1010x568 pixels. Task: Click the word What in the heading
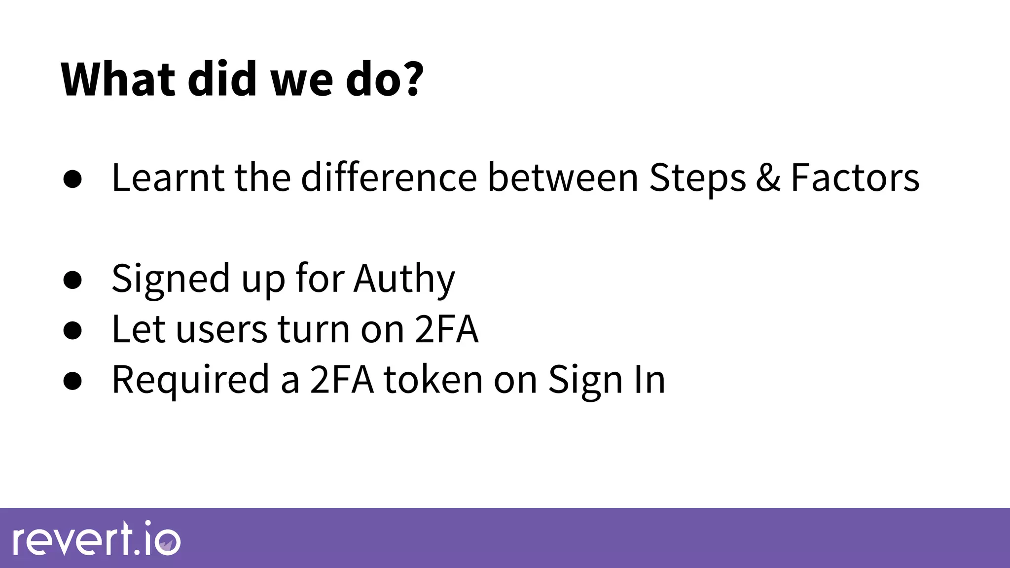118,79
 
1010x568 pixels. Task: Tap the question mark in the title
409,79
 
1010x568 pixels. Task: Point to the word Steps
697,178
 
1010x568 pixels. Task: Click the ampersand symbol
768,178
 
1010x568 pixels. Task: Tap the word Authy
404,279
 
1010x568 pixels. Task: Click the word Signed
171,279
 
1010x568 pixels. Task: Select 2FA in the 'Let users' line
446,329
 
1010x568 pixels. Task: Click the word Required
190,380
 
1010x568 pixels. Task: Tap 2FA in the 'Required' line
341,380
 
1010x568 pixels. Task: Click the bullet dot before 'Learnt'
72,180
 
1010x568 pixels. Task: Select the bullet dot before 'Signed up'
72,280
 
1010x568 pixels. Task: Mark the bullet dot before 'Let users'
72,330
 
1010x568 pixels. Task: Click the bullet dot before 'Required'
72,381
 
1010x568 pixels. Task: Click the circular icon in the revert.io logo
167,542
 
